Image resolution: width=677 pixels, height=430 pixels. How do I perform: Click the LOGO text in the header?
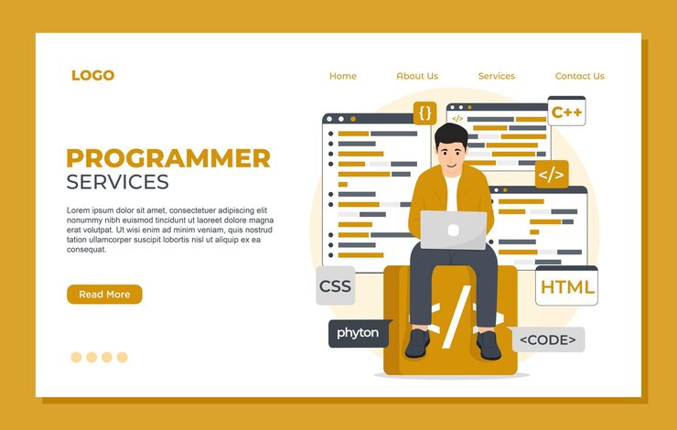(92, 76)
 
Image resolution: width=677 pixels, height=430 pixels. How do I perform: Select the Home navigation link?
(343, 76)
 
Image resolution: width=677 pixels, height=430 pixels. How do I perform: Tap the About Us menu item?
(417, 76)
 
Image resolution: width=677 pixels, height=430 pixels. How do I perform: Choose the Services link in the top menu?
(496, 76)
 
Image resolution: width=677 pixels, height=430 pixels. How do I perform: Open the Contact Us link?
(579, 76)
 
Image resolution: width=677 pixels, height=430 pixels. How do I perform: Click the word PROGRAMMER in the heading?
(168, 157)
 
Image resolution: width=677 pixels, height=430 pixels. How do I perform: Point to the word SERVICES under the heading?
(117, 181)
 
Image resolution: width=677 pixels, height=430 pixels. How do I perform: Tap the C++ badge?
(566, 113)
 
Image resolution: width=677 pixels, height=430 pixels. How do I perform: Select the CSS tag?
(335, 286)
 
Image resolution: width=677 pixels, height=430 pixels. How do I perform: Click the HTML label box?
(567, 287)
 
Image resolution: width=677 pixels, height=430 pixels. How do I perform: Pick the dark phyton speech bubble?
(358, 333)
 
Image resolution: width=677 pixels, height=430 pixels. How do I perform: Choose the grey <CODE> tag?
(548, 340)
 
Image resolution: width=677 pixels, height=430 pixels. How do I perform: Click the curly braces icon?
(424, 113)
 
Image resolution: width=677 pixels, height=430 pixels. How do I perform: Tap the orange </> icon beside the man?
(551, 173)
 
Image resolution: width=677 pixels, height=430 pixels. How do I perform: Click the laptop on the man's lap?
(453, 229)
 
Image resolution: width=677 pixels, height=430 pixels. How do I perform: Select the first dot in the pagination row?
(77, 357)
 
